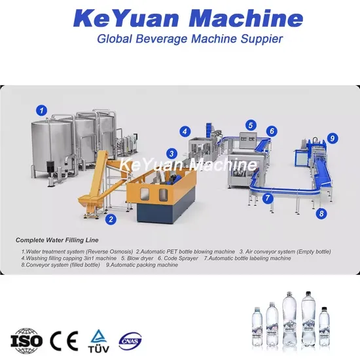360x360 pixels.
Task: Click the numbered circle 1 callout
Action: point(41,111)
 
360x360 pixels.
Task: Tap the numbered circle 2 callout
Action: point(111,219)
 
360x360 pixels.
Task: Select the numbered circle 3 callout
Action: point(171,154)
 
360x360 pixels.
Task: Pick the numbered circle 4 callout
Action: point(185,132)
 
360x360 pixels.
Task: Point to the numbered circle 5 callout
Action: point(251,125)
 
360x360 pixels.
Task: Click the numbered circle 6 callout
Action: point(272,131)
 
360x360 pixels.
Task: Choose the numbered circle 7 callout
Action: point(268,198)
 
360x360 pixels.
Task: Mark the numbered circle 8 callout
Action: point(321,213)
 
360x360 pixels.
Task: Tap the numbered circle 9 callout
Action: point(333,138)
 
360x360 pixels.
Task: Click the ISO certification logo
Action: point(26,341)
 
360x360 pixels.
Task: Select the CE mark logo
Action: point(64,340)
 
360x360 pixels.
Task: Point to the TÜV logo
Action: point(98,341)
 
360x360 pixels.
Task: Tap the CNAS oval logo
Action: point(130,341)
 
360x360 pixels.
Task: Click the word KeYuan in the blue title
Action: point(126,18)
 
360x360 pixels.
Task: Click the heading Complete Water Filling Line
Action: point(57,240)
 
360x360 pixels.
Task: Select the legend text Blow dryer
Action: point(137,259)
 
